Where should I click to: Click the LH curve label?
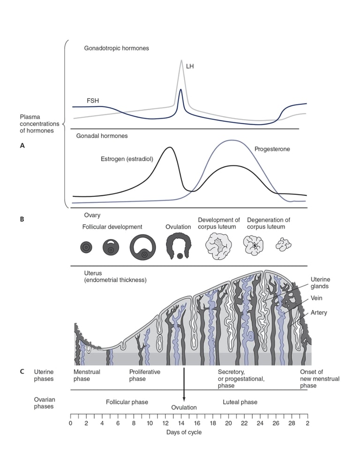pyautogui.click(x=190, y=67)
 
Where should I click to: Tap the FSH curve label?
pyautogui.click(x=92, y=100)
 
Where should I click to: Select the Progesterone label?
pyautogui.click(x=272, y=149)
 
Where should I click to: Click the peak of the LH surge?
pyautogui.click(x=181, y=60)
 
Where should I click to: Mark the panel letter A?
pyautogui.click(x=22, y=146)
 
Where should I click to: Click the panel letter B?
pyautogui.click(x=22, y=219)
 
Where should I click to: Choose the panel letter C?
pyautogui.click(x=22, y=372)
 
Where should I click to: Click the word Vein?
pyautogui.click(x=316, y=298)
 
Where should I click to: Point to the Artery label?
pyautogui.click(x=319, y=313)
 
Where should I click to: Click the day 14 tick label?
pyautogui.click(x=181, y=423)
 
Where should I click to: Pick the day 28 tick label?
pyautogui.click(x=292, y=423)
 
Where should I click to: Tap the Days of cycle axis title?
pyautogui.click(x=184, y=432)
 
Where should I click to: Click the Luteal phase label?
pyautogui.click(x=240, y=402)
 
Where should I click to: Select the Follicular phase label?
pyautogui.click(x=127, y=402)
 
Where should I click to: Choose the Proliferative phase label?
pyautogui.click(x=144, y=375)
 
